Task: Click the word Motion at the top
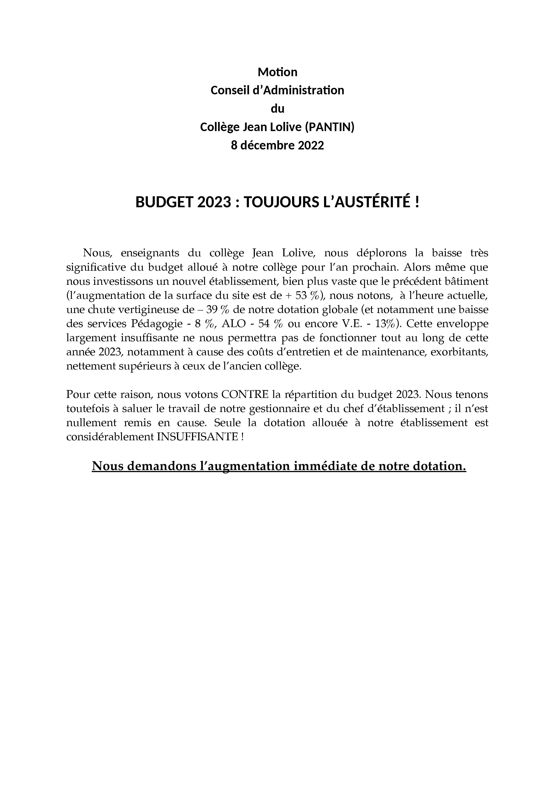(277, 72)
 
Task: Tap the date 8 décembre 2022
(277, 145)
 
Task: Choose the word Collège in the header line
(220, 127)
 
